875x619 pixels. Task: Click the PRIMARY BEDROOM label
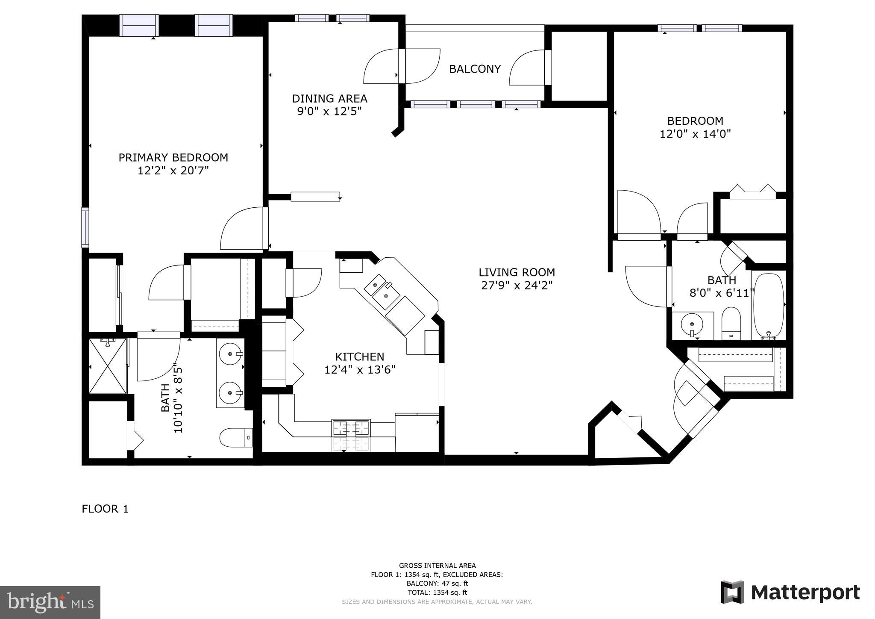(x=173, y=158)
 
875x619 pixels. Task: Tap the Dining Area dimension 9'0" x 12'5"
(x=329, y=112)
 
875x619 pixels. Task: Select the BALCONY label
(x=475, y=69)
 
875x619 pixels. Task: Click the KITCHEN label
(x=359, y=357)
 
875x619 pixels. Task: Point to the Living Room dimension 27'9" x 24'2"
(x=517, y=286)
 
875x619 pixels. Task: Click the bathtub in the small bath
(x=769, y=306)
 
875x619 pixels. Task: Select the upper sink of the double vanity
(x=231, y=354)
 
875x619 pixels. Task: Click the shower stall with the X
(x=108, y=366)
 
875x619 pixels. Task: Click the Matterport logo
(x=790, y=592)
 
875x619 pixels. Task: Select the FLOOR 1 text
(x=105, y=509)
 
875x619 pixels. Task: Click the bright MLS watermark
(x=50, y=602)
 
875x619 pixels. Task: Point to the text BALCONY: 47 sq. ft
(x=437, y=584)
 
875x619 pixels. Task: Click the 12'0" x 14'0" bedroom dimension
(x=695, y=134)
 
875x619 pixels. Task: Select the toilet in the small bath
(x=731, y=323)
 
